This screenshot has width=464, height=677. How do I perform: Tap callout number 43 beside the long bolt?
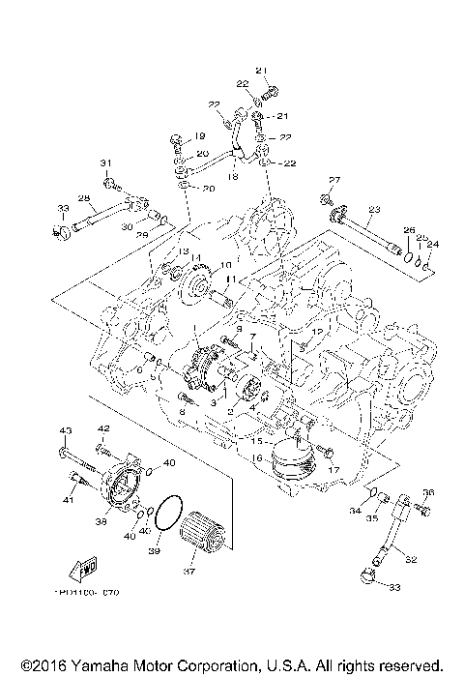click(66, 429)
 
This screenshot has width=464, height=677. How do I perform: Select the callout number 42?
click(103, 428)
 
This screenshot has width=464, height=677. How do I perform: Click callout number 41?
click(68, 500)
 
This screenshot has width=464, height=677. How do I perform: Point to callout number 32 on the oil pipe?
click(411, 559)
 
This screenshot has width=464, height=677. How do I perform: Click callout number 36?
click(428, 492)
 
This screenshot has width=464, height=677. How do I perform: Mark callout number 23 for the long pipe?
click(374, 209)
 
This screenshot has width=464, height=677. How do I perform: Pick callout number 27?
click(335, 181)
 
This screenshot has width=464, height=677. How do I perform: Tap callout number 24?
click(433, 245)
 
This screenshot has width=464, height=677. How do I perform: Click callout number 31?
click(106, 162)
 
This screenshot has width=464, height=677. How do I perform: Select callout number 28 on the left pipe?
click(84, 198)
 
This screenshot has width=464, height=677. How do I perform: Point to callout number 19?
click(201, 135)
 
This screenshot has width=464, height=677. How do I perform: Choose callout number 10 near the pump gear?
click(224, 265)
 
